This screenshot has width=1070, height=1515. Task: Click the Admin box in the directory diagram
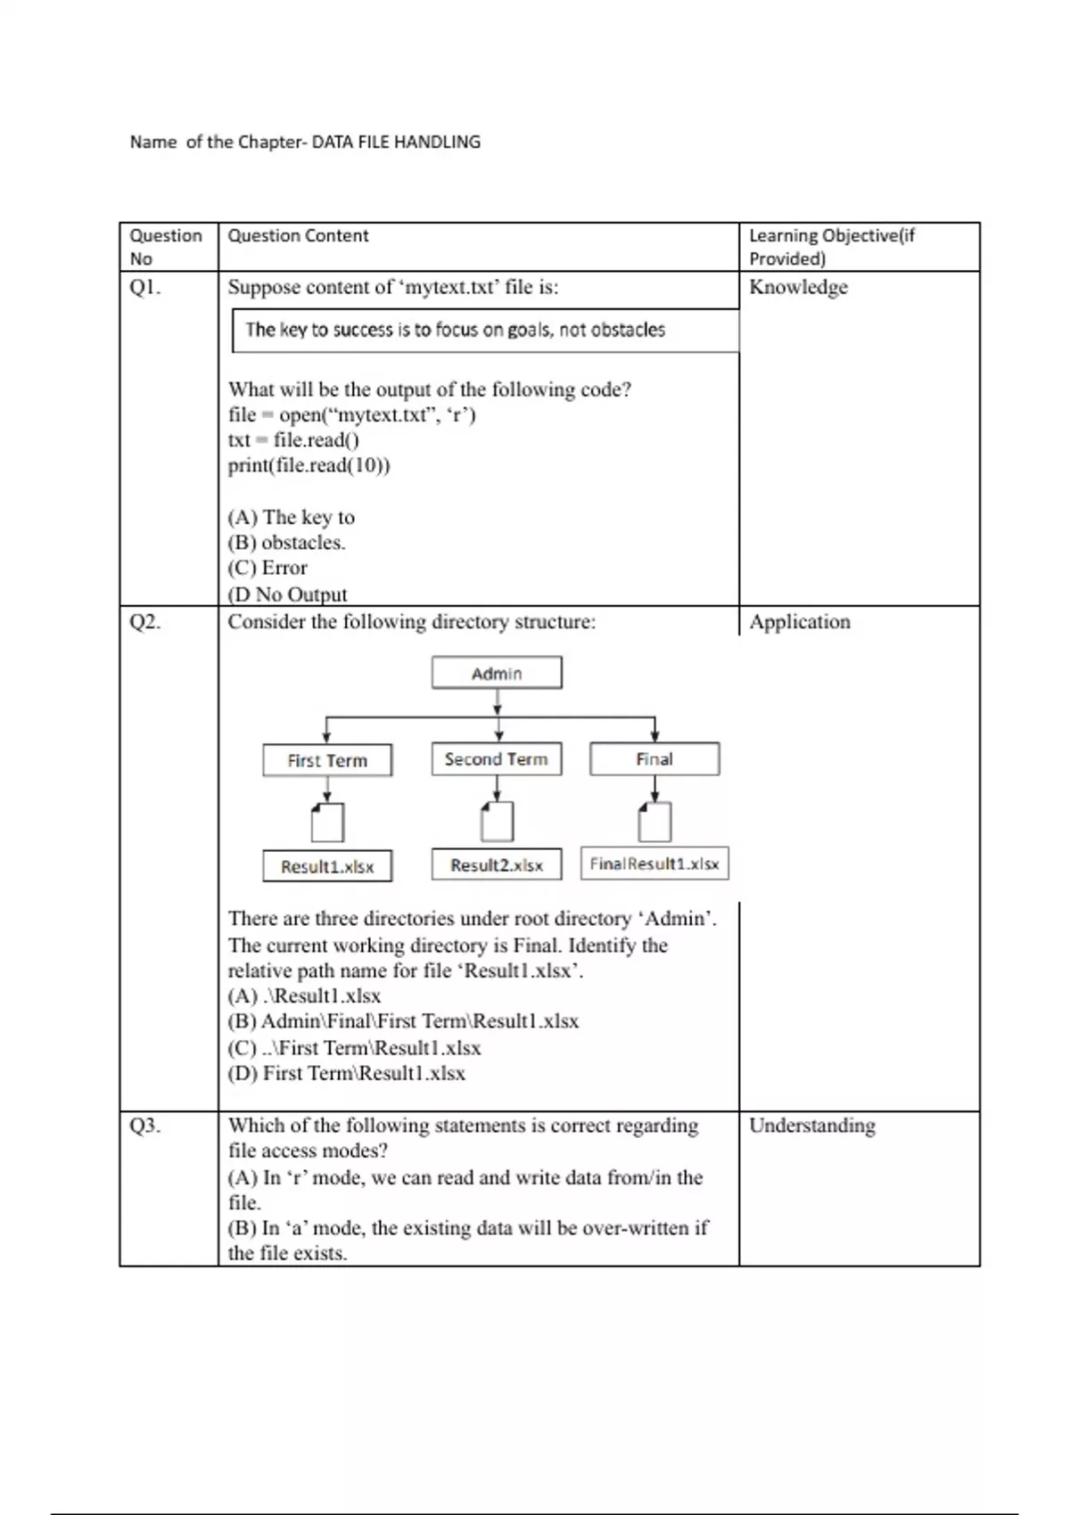[x=497, y=673]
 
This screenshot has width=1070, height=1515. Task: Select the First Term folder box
[x=327, y=760]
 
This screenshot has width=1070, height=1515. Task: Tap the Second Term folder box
[x=497, y=759]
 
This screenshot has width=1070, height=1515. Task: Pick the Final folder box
[x=654, y=759]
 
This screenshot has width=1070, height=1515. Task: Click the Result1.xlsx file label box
[x=327, y=866]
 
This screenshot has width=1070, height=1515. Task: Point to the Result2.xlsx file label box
[x=497, y=864]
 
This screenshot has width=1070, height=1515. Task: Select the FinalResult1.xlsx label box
[x=654, y=864]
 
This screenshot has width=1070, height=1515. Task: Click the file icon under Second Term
[x=497, y=821]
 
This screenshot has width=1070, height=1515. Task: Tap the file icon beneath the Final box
[x=654, y=821]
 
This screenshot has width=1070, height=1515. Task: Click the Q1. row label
[x=145, y=287]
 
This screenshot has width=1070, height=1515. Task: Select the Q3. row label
[x=145, y=1126]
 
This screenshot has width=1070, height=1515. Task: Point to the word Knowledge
[x=798, y=287]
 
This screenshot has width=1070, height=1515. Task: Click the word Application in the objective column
[x=800, y=622]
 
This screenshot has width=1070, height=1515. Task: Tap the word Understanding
[x=811, y=1126]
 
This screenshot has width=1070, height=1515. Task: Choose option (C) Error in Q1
[x=267, y=569]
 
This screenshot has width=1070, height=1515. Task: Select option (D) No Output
[x=287, y=594]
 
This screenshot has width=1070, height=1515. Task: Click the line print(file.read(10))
[x=309, y=465]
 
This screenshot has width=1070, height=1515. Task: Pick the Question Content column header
[x=298, y=236]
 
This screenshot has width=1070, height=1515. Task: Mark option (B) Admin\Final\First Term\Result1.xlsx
[x=403, y=1021]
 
